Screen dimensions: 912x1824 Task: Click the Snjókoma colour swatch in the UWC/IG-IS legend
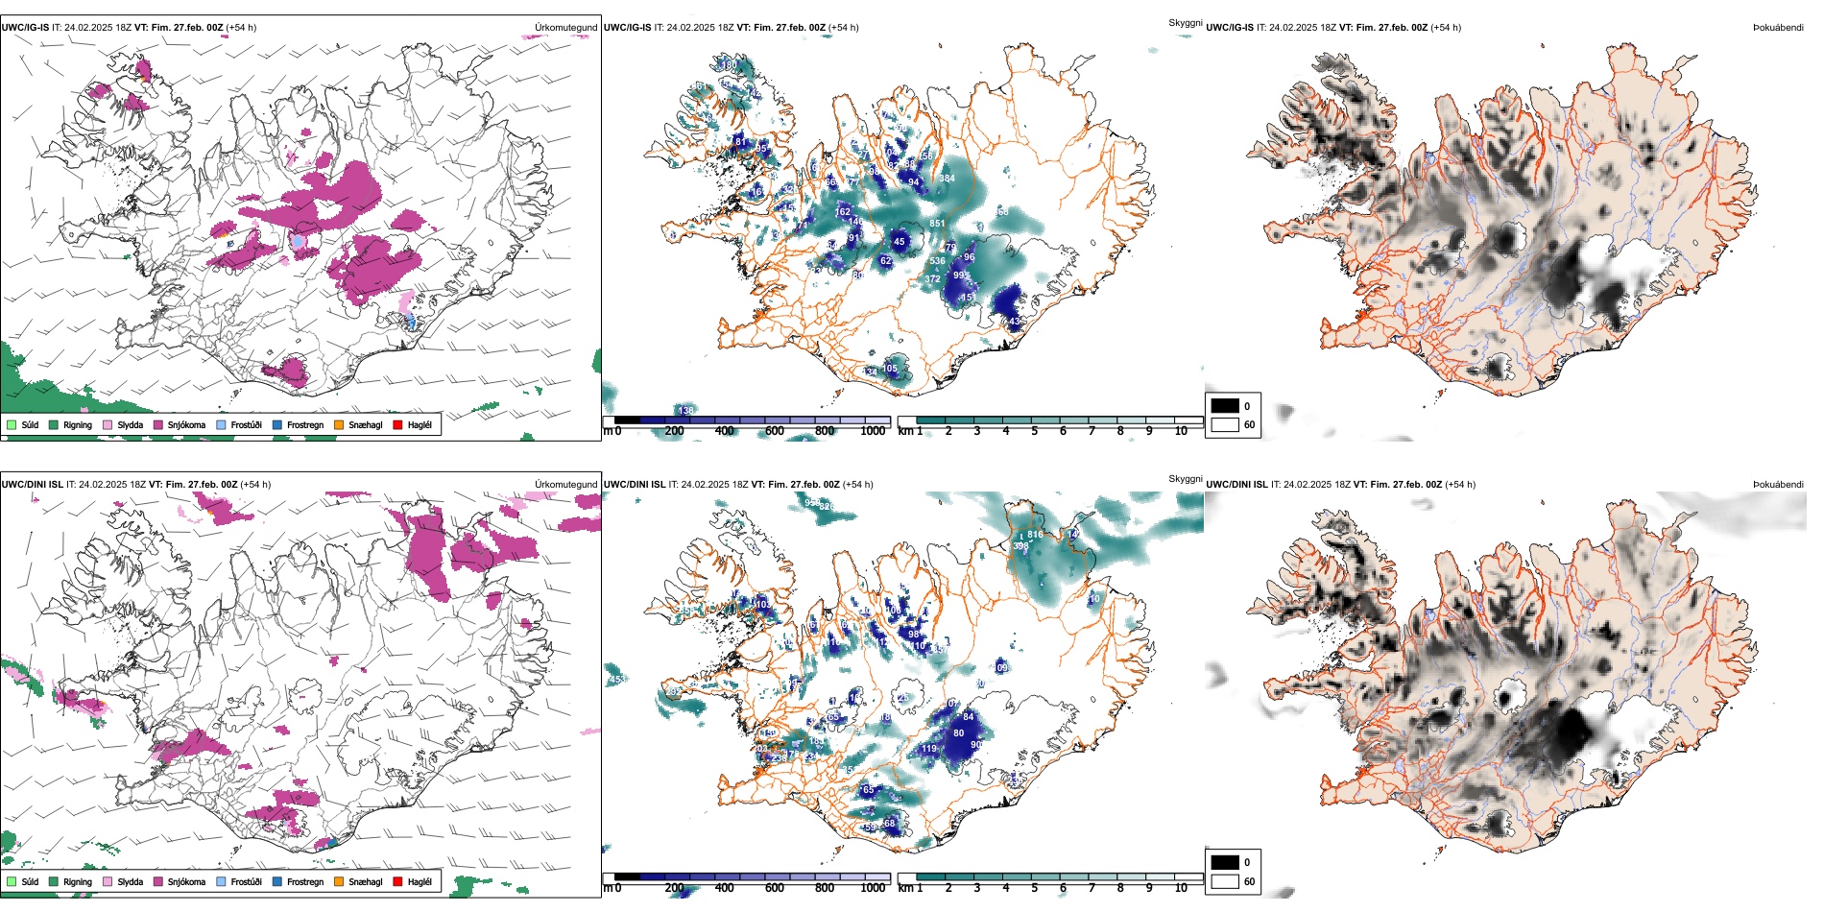point(158,424)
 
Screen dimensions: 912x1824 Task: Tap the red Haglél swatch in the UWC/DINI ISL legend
point(397,881)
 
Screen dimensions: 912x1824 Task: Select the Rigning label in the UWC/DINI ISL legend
point(78,881)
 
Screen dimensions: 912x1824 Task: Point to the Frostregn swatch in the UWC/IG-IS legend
point(277,424)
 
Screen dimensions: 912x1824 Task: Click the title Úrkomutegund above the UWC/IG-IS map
point(565,28)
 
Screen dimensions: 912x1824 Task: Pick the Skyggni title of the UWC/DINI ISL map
point(1185,478)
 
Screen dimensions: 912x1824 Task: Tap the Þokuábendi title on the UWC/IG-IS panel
point(1778,28)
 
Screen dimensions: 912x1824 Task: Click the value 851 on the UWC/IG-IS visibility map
point(937,224)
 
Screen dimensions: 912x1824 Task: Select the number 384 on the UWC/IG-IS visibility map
point(947,179)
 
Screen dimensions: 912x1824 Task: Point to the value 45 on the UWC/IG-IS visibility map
point(899,242)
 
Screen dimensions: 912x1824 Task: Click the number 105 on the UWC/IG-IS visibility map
point(890,369)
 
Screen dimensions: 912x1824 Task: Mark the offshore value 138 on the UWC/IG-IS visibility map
point(685,410)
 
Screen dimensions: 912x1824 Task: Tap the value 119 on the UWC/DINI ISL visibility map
point(928,749)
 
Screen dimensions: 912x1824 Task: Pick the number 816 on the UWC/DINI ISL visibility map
point(1035,535)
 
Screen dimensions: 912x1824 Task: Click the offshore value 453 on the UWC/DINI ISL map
point(615,679)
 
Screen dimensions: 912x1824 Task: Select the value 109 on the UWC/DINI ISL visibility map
point(1001,667)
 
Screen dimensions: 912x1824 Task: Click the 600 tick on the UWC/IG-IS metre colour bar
point(775,431)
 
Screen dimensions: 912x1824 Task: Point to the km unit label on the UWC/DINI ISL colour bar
point(905,888)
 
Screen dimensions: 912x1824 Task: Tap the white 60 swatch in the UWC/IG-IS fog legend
point(1225,424)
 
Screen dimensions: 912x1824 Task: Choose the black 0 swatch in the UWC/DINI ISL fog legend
point(1225,862)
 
